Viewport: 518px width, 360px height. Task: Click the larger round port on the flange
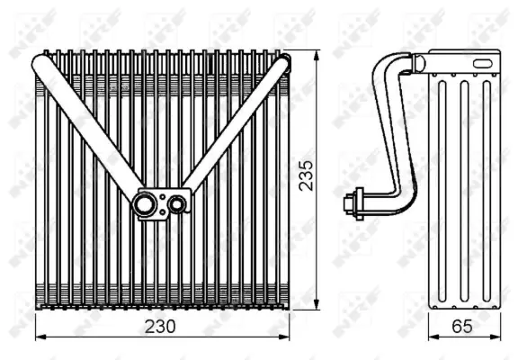pyautogui.click(x=145, y=204)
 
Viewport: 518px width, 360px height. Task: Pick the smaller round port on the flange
pyautogui.click(x=177, y=204)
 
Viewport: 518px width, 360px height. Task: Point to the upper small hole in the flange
pyautogui.click(x=162, y=195)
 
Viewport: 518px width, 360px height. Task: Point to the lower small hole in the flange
pyautogui.click(x=162, y=213)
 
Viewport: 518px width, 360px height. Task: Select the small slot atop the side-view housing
pyautogui.click(x=485, y=63)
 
